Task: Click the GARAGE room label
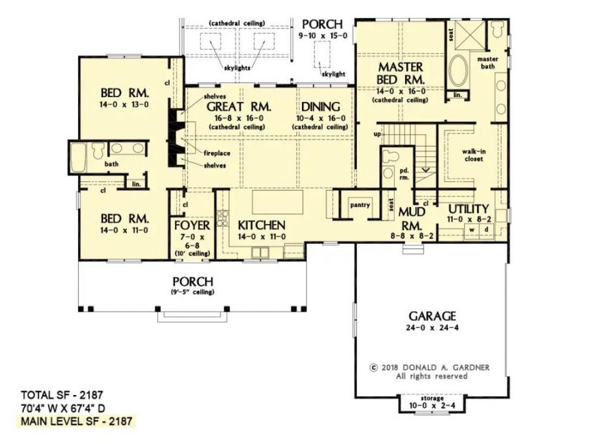[x=432, y=316]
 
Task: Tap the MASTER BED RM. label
[x=401, y=73]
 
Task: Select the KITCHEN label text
[x=262, y=225]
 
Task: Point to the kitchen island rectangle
[x=278, y=202]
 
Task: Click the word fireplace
[x=217, y=153]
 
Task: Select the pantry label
[x=360, y=204]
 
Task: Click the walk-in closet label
[x=474, y=156]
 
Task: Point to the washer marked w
[x=472, y=230]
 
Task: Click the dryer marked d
[x=486, y=230]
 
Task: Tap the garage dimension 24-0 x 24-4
[x=432, y=328]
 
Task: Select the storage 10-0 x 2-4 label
[x=432, y=402]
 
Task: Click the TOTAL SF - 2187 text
[x=62, y=395]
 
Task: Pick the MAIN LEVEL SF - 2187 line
[x=76, y=421]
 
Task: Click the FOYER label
[x=192, y=225]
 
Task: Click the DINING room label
[x=320, y=107]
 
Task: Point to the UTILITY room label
[x=468, y=209]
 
